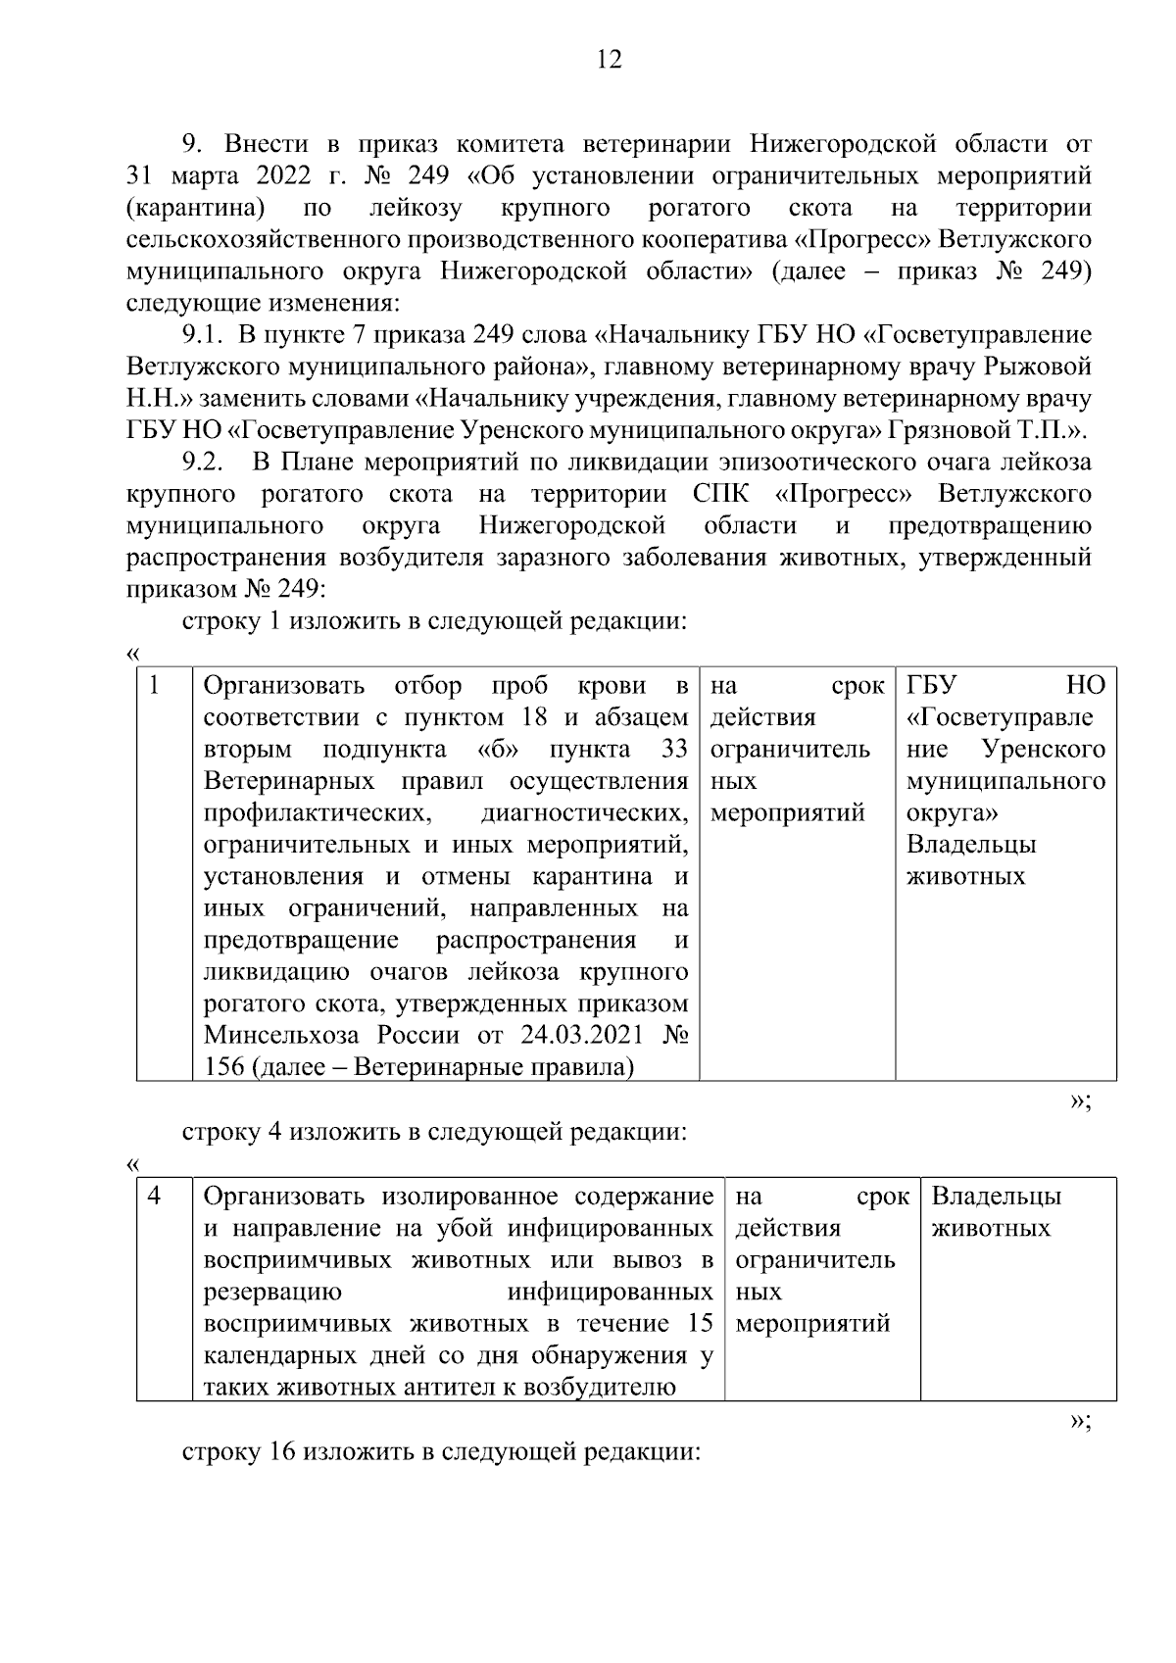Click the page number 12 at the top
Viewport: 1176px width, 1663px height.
point(609,61)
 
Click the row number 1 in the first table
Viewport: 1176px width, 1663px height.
point(155,685)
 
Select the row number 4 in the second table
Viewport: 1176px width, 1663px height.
point(155,1197)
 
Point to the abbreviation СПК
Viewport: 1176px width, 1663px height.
point(720,494)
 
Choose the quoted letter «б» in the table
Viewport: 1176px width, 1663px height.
point(499,750)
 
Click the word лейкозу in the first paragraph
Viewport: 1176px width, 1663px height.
point(416,208)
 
